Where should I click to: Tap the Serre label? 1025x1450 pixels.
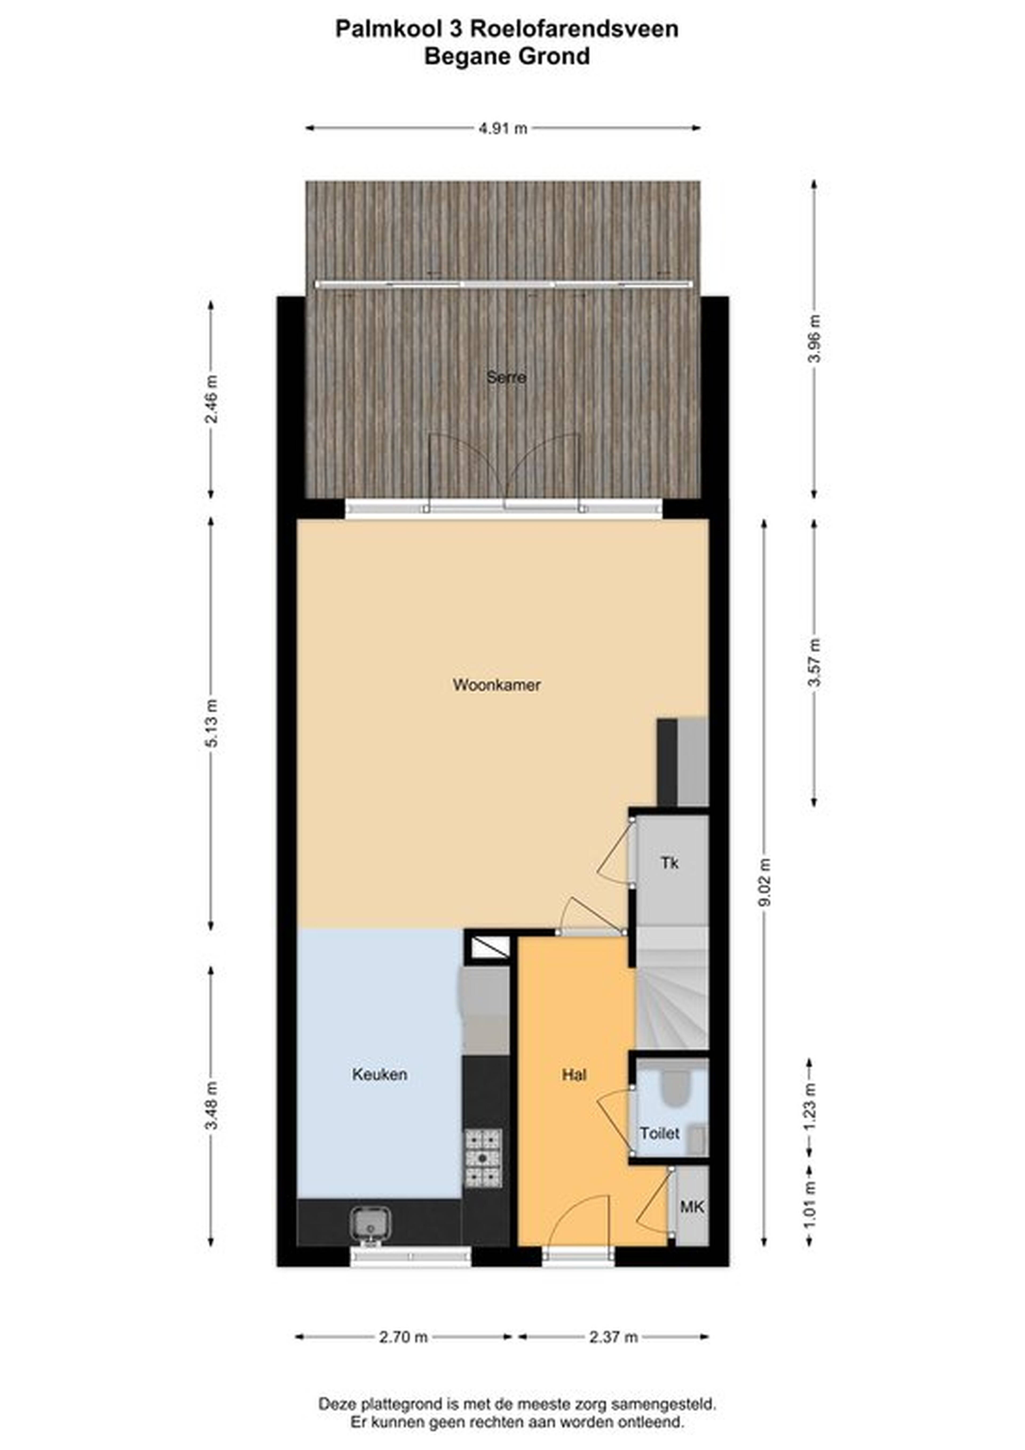[x=506, y=378]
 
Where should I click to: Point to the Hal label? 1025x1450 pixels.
[x=574, y=1074]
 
